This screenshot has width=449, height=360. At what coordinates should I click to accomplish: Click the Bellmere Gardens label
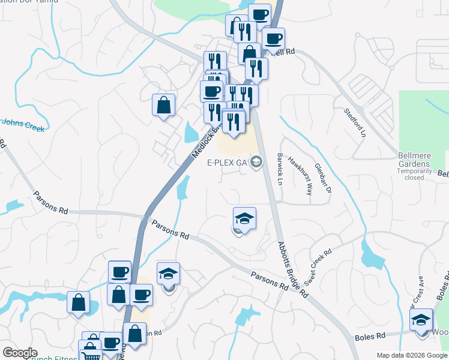pos(415,158)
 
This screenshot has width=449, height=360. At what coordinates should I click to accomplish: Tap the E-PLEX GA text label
pos(227,163)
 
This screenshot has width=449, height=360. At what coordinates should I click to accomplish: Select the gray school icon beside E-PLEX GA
pos(256,162)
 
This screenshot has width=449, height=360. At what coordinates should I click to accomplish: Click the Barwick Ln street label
pos(280,169)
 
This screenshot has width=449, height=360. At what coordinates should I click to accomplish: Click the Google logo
pos(20,353)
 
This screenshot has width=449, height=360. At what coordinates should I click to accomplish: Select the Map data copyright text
pos(411,355)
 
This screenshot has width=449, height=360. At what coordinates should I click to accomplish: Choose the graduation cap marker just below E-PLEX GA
pos(244,218)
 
